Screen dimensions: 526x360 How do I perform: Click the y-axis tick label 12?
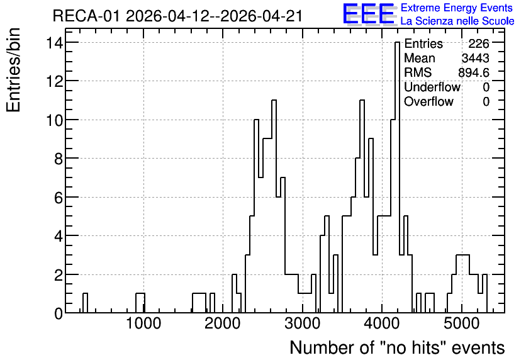click(55, 81)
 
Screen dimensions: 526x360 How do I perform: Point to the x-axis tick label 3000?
click(302, 323)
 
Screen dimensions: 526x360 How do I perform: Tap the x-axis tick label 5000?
click(461, 323)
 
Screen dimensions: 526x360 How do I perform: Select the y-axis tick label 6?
click(59, 198)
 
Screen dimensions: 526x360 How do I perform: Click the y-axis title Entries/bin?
click(14, 70)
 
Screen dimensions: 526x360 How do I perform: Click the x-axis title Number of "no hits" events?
click(397, 347)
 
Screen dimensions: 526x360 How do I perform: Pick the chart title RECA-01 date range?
click(178, 16)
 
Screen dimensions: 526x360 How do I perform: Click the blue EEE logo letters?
click(369, 14)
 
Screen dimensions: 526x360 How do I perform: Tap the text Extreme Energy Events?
click(457, 8)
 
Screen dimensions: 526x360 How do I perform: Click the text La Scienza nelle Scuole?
click(457, 21)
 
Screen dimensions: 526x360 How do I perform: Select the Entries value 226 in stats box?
click(479, 43)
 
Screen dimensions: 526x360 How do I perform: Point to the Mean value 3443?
click(475, 58)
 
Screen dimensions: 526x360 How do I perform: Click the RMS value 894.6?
click(474, 72)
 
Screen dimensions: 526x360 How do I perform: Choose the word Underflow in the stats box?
click(432, 87)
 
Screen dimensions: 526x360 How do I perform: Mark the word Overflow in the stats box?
click(428, 102)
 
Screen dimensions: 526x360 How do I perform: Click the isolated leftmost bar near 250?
click(85, 303)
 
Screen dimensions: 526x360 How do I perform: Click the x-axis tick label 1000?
click(143, 323)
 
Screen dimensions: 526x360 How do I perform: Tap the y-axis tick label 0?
click(59, 313)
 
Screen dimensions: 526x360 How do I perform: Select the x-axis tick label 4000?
click(382, 323)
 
